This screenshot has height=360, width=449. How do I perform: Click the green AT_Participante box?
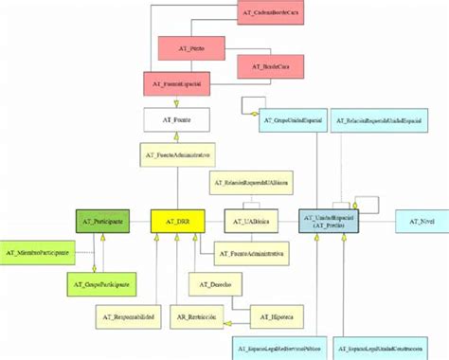102,222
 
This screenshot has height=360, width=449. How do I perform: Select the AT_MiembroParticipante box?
37,253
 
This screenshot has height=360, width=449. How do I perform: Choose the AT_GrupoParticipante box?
102,282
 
